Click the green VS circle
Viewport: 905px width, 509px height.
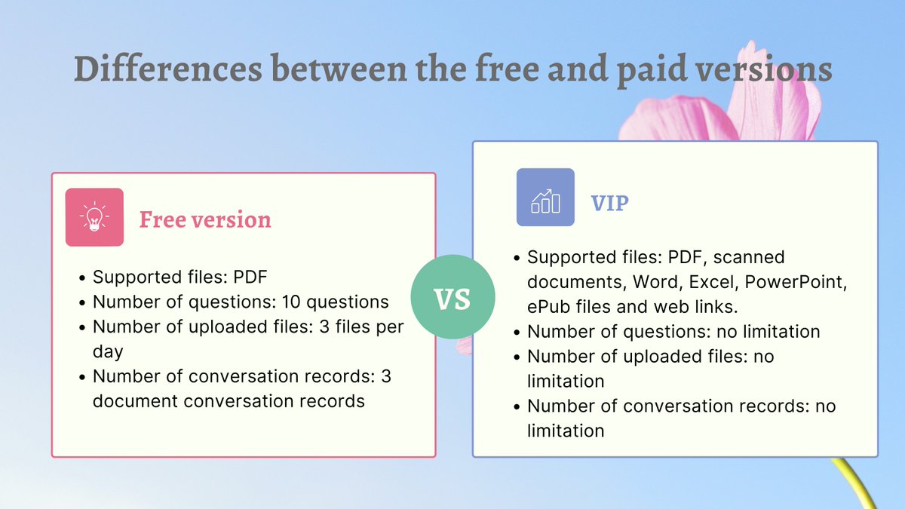pyautogui.click(x=452, y=299)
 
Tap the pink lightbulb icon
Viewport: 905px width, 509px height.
pyautogui.click(x=94, y=217)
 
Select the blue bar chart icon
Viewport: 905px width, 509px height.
pyautogui.click(x=545, y=198)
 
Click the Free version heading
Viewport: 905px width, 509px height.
pyautogui.click(x=205, y=219)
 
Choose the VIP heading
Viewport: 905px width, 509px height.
pyautogui.click(x=610, y=203)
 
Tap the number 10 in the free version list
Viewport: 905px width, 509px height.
pyautogui.click(x=291, y=302)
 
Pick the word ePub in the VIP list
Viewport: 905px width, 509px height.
pyautogui.click(x=550, y=307)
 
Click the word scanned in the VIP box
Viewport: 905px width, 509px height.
pyautogui.click(x=749, y=257)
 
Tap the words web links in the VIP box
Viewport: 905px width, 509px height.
pyautogui.click(x=702, y=307)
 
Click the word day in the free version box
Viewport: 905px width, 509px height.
pyautogui.click(x=112, y=351)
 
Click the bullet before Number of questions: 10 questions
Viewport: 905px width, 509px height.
pyautogui.click(x=81, y=303)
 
